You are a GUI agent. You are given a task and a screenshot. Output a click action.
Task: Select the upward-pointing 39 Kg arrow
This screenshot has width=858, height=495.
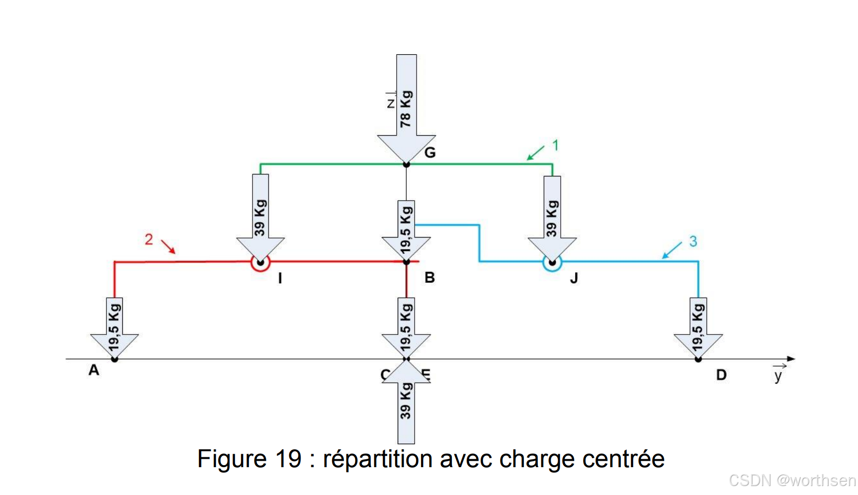pos(406,405)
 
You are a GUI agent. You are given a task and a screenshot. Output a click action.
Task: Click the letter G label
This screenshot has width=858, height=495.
pos(430,153)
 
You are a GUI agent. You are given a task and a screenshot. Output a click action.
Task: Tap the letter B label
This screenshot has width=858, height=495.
pos(429,277)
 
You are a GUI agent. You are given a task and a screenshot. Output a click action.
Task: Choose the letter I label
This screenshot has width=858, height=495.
pos(280,278)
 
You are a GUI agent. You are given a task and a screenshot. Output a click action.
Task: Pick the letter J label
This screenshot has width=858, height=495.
pos(574,278)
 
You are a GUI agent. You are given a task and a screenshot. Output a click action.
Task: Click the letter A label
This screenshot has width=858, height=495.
pos(93,370)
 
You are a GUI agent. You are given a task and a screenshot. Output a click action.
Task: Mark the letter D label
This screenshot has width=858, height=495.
pos(721,375)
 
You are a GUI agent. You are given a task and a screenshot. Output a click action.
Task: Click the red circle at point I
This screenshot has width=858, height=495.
pos(260,262)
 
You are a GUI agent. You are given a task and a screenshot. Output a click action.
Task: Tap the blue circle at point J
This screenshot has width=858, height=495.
pos(552,262)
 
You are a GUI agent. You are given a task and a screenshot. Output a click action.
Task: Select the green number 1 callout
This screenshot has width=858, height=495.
pos(555,145)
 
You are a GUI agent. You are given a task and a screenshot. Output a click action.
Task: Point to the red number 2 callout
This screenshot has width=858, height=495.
pos(149,240)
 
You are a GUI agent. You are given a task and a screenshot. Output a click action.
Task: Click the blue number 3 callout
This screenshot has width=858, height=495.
pos(693,242)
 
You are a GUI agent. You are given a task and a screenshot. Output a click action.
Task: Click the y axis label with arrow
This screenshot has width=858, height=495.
pos(778,374)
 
